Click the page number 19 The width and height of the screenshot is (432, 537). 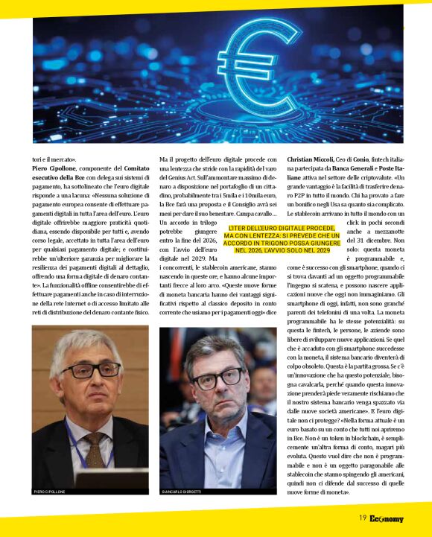tap(362, 518)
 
